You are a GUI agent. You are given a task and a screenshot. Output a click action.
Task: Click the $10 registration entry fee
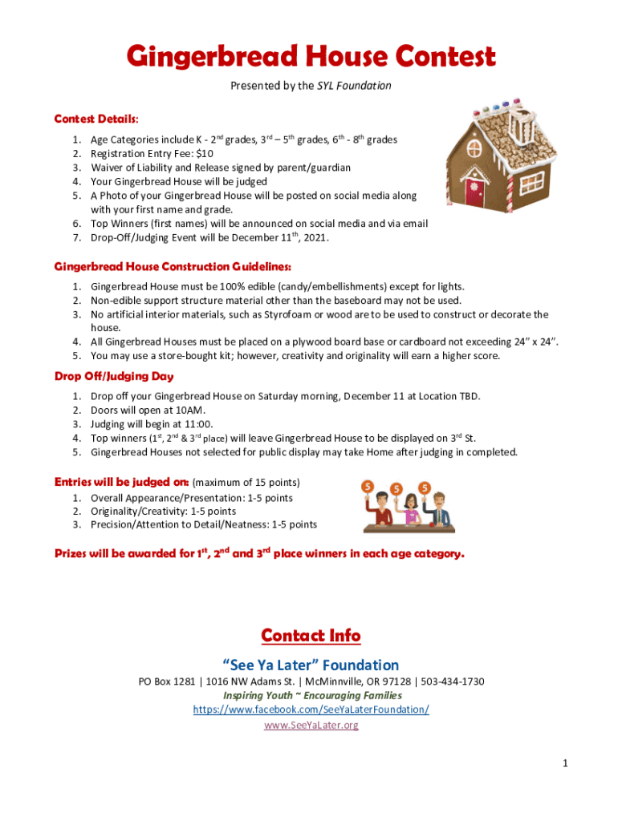click(205, 153)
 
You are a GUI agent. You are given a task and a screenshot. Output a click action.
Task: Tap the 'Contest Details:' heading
click(96, 119)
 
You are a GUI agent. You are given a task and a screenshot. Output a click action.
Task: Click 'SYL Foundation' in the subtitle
click(354, 86)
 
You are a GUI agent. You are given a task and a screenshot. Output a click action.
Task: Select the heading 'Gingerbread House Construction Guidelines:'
click(173, 266)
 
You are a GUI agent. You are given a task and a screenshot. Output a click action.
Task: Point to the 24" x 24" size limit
click(537, 342)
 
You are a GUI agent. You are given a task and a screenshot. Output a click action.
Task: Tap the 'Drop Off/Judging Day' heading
click(114, 376)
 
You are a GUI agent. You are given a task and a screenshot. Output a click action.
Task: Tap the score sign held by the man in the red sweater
click(368, 487)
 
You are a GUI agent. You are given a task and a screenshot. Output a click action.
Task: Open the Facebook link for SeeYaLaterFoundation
click(311, 710)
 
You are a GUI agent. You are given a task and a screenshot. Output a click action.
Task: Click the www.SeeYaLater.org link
click(311, 725)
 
